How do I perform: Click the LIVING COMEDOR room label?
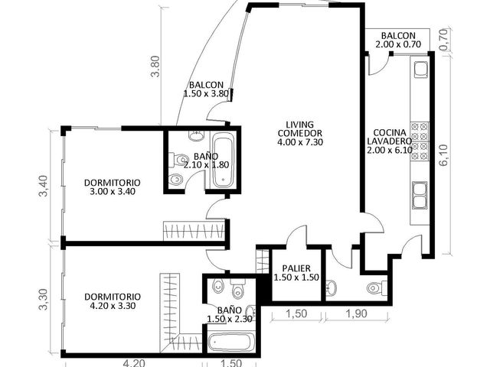(300, 133)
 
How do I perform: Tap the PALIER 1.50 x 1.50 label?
(296, 273)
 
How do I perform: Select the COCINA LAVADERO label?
(390, 141)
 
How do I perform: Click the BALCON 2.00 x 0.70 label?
(398, 40)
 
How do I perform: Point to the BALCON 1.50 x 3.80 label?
(206, 89)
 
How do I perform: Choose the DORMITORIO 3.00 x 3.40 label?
(113, 187)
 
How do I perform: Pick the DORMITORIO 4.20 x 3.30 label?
(113, 301)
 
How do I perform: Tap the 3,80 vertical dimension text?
(155, 67)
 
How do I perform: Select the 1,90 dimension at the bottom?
(357, 313)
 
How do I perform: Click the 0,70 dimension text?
(447, 40)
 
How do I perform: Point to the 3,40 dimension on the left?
(43, 186)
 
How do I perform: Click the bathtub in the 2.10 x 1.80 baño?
(223, 161)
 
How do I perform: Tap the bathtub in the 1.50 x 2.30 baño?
(231, 343)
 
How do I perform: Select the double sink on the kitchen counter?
(420, 195)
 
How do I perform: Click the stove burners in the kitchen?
(420, 141)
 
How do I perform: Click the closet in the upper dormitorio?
(194, 231)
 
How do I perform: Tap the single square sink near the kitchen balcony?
(421, 70)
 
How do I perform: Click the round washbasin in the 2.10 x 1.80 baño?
(196, 136)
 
